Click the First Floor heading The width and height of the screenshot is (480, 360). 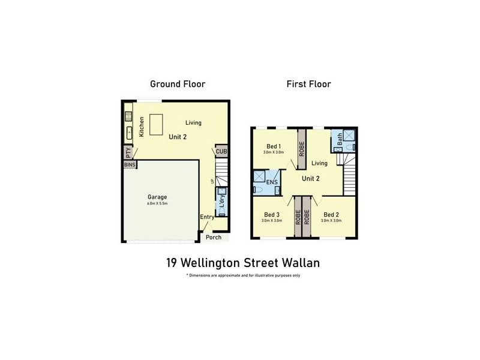(308, 84)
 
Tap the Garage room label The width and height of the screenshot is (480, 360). (157, 197)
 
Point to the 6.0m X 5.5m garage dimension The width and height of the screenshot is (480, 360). (157, 204)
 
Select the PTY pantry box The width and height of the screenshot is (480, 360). (128, 152)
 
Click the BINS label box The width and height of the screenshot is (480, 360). (130, 164)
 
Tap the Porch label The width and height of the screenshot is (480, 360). (214, 238)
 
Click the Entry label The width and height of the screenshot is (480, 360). (207, 218)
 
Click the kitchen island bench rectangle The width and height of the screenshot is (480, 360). (157, 125)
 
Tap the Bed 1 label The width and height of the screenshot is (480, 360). (273, 146)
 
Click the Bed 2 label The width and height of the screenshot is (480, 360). (331, 215)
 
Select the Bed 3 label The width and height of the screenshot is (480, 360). (272, 215)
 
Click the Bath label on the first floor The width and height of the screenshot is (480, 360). (340, 140)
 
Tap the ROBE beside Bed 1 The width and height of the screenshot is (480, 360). (302, 148)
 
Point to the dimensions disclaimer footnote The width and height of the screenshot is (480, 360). (244, 275)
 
